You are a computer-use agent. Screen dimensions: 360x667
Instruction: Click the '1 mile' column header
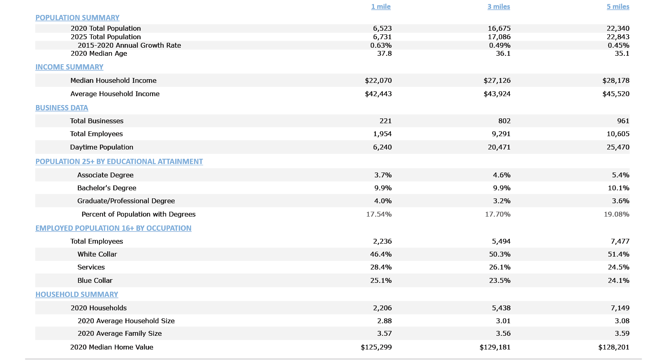click(x=381, y=6)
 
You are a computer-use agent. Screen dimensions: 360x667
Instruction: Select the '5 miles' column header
click(x=618, y=6)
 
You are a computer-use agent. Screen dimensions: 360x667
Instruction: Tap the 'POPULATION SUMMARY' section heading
click(x=77, y=18)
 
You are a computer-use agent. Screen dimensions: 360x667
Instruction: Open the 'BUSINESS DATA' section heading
click(x=61, y=108)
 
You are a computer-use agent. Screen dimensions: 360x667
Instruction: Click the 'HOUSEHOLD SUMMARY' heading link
click(x=77, y=295)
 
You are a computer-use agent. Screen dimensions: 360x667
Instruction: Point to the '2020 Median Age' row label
click(x=99, y=53)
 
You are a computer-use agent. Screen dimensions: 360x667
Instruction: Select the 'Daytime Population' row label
click(x=101, y=147)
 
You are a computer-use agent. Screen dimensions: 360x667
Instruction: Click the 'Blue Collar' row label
click(x=95, y=280)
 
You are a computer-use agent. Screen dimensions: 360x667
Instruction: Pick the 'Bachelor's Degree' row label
click(x=107, y=188)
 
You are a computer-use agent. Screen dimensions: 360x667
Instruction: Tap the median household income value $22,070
click(x=378, y=80)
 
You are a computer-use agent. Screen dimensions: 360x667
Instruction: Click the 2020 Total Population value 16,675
click(x=499, y=28)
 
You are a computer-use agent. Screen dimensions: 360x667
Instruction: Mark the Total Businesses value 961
click(x=623, y=121)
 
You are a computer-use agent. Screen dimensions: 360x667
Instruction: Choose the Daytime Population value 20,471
click(x=499, y=147)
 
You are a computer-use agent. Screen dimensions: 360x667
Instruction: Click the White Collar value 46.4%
click(x=381, y=254)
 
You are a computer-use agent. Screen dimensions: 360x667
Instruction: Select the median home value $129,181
click(x=495, y=347)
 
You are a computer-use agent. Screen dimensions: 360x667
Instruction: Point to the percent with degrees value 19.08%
click(x=616, y=214)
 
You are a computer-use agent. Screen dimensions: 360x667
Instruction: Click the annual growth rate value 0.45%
click(x=618, y=45)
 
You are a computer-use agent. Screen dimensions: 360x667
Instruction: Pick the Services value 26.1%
click(x=500, y=267)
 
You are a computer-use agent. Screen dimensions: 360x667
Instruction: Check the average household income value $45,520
click(x=616, y=94)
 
